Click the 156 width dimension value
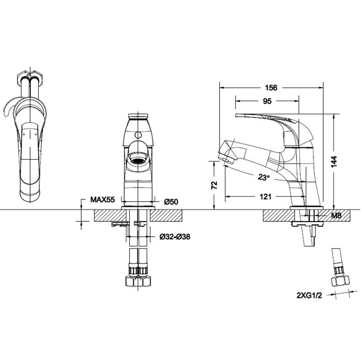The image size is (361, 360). pyautogui.click(x=270, y=88)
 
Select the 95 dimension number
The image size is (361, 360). pyautogui.click(x=266, y=101)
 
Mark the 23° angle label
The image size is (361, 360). pyautogui.click(x=263, y=177)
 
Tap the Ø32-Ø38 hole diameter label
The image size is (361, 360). pyautogui.click(x=174, y=237)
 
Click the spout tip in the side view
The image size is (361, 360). pyautogui.click(x=225, y=152)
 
